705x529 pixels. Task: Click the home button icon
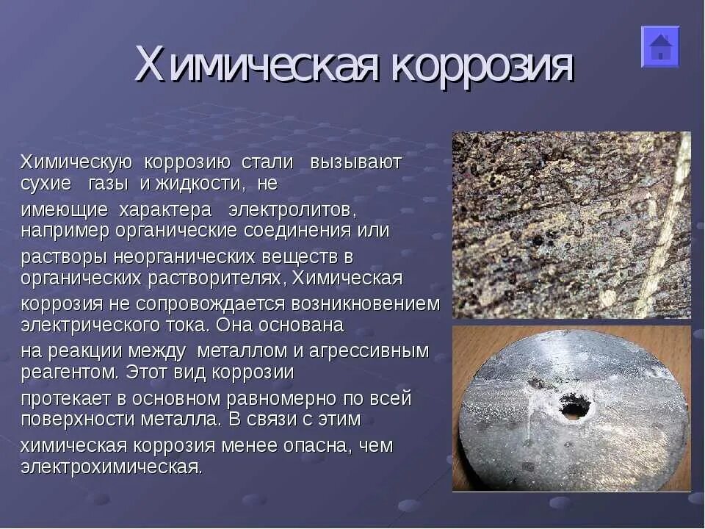[x=660, y=47]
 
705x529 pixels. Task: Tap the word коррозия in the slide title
[x=482, y=66]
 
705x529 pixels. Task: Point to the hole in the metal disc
[x=574, y=406]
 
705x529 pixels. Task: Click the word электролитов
[x=293, y=210]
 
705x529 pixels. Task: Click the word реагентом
[x=70, y=373]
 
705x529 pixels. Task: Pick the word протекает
[x=69, y=399]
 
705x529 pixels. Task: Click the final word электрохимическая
[x=111, y=467]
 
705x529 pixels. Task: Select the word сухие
[x=46, y=183]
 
